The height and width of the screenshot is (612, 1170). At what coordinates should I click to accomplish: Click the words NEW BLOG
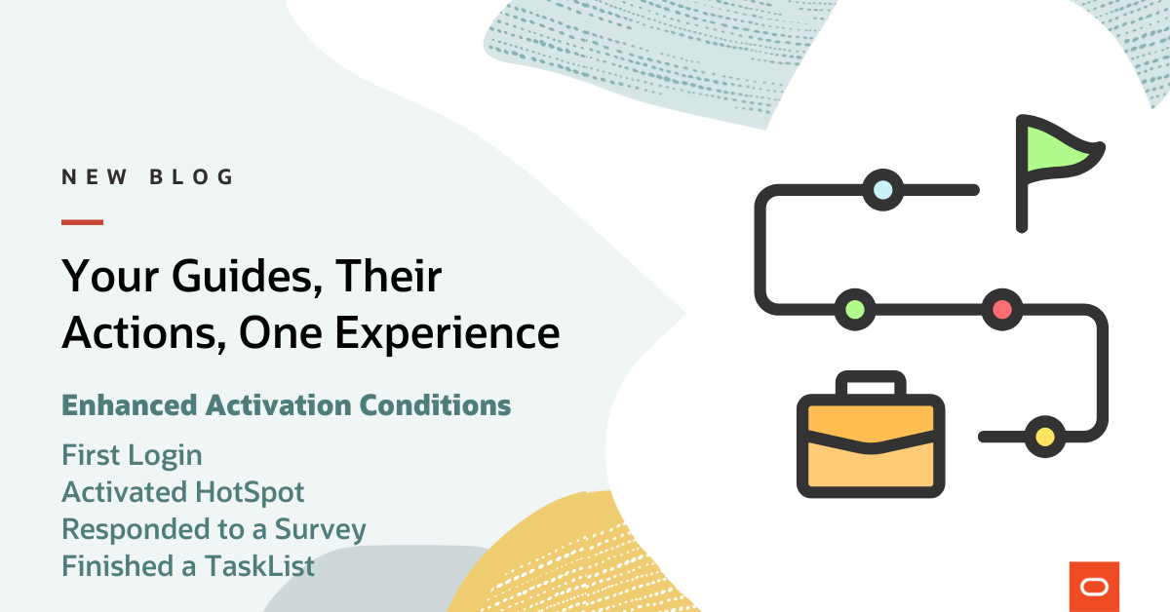pos(148,177)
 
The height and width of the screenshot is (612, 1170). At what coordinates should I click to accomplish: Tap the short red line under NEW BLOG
pos(82,222)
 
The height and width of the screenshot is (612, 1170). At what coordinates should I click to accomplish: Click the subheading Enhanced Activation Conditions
pos(286,404)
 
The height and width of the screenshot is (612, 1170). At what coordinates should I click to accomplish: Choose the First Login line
pos(132,455)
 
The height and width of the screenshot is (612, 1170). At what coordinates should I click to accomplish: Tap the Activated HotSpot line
pos(183,492)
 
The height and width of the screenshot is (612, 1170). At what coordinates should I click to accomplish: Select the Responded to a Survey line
pos(214,529)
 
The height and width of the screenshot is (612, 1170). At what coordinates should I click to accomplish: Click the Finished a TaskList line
pos(188,565)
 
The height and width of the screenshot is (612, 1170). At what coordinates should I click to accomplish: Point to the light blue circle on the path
pos(882,189)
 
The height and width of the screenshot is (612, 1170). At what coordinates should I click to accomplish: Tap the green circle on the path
pos(855,310)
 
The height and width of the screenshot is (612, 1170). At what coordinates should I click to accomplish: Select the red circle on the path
pos(1000,310)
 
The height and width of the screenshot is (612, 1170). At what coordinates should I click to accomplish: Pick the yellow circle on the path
pos(1044,435)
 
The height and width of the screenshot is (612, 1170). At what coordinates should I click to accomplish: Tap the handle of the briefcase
pos(871,385)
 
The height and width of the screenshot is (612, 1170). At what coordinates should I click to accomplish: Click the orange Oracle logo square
pos(1094,586)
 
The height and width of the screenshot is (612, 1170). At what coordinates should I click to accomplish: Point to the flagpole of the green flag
pos(1022,195)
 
